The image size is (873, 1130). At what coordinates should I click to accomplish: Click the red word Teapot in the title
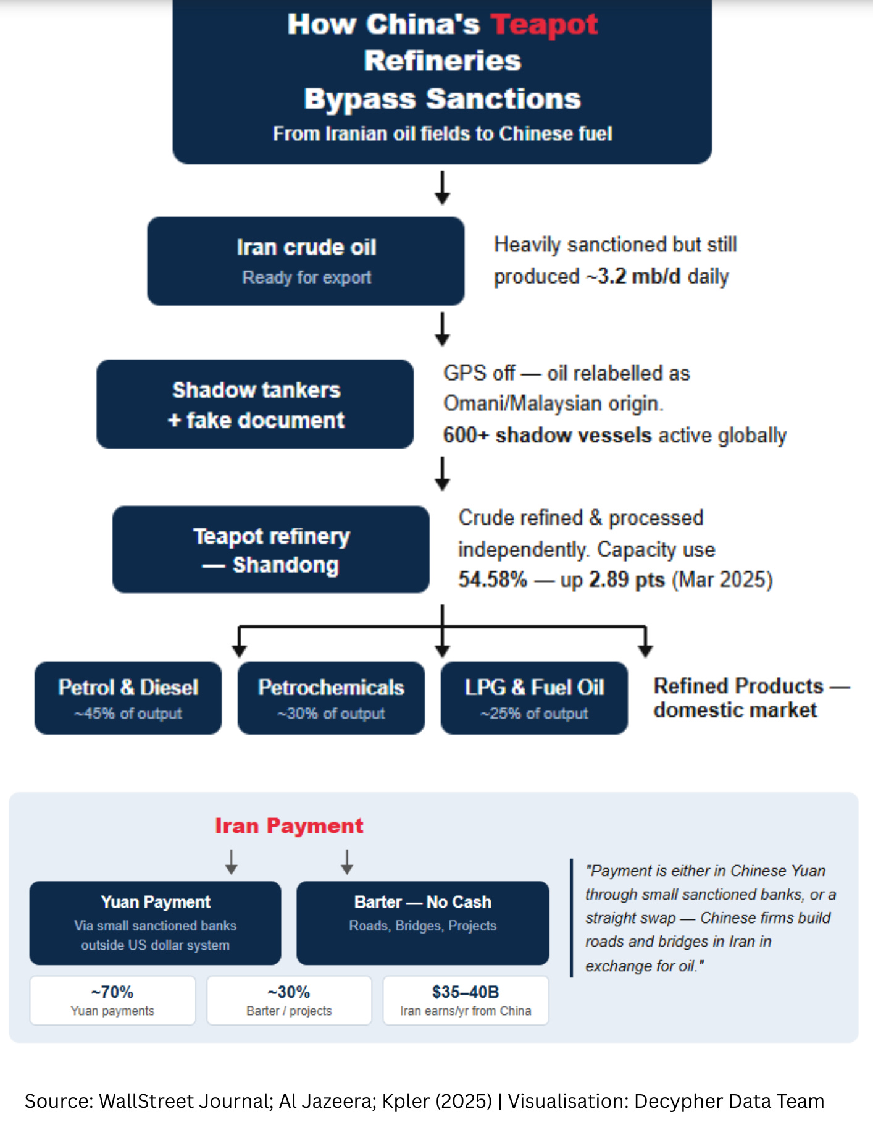tap(544, 25)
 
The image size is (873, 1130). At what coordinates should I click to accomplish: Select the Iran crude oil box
tap(306, 261)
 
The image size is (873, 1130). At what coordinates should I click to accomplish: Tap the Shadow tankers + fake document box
tap(255, 404)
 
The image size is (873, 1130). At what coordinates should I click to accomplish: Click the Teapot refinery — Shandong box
tap(270, 549)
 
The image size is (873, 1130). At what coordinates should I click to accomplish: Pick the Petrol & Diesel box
tap(128, 698)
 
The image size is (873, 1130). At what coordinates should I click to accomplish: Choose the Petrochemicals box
tap(331, 698)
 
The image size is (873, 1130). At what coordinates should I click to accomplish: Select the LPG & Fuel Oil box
tap(534, 698)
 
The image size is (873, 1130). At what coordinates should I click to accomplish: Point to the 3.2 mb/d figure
tap(639, 276)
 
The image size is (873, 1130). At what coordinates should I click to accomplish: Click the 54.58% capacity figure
tap(493, 580)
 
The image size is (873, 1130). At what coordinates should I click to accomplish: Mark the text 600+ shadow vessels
tap(547, 435)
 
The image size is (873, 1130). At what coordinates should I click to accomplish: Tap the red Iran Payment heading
tap(289, 825)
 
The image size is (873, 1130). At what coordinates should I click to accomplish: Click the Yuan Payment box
tap(155, 922)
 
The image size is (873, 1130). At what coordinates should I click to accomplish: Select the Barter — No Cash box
tap(422, 922)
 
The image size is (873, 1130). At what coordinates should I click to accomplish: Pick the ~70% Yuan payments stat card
tap(112, 1000)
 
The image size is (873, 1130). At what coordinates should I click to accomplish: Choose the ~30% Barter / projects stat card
tap(289, 1000)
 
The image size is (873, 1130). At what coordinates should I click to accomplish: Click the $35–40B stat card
tap(466, 1000)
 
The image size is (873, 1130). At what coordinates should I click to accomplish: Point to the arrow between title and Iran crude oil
tap(442, 188)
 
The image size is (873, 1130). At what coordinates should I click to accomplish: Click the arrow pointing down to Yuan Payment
tap(232, 862)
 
